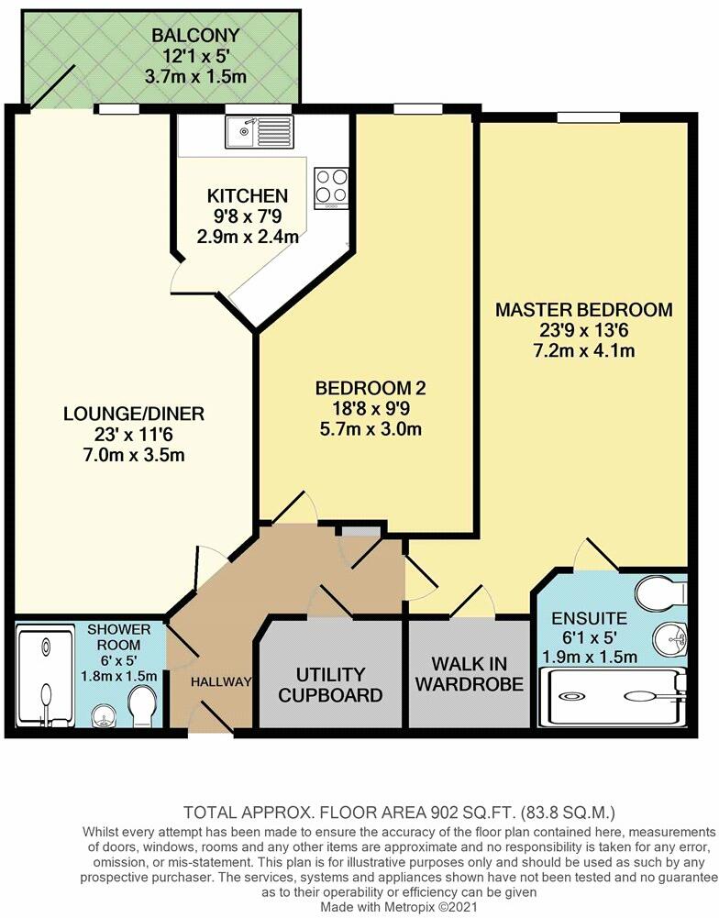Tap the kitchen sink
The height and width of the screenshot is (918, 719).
[260, 132]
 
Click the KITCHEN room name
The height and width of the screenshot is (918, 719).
[248, 196]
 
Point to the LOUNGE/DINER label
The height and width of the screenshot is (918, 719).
[134, 415]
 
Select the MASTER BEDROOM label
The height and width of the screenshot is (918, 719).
[583, 310]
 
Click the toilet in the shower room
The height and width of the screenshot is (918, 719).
[144, 708]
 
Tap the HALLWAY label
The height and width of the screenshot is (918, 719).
[220, 681]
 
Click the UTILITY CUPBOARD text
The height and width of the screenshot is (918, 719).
[331, 685]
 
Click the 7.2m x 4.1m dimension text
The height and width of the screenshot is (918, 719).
[583, 351]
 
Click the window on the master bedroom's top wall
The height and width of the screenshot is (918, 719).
[584, 116]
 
